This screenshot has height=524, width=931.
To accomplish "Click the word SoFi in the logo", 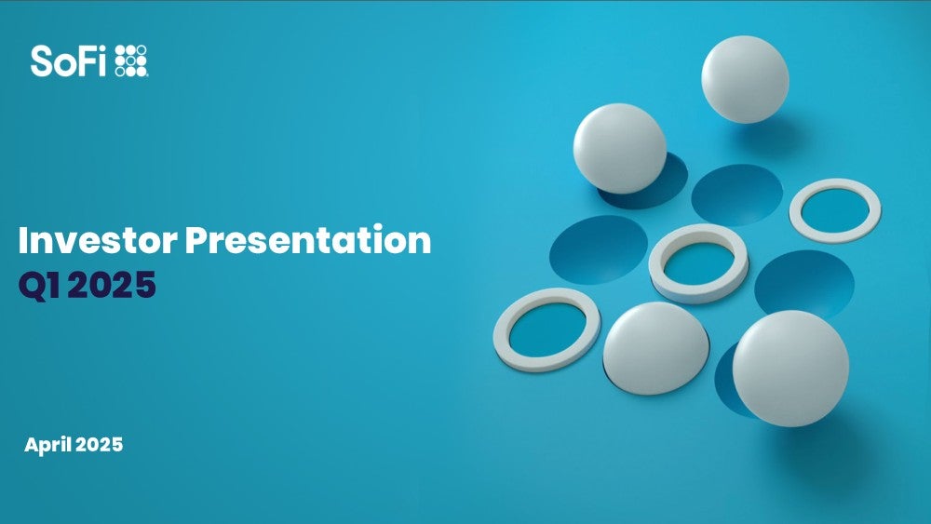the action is click(68, 61).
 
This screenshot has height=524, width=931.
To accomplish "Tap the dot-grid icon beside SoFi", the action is click(130, 60).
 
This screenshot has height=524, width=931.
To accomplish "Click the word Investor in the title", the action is click(98, 240).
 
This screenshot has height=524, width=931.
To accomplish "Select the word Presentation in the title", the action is click(307, 240).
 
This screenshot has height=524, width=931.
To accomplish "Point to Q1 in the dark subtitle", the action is click(39, 285).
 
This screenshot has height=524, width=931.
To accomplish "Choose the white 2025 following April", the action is click(100, 445).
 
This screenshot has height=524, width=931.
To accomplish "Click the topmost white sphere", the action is click(745, 79).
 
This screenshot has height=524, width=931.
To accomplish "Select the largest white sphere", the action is click(790, 369).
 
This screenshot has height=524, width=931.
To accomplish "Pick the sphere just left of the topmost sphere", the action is click(619, 148).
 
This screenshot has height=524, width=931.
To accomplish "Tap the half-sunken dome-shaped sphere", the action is click(655, 348).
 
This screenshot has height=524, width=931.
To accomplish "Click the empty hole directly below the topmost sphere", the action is click(737, 195).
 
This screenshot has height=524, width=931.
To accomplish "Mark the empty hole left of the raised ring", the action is click(599, 249).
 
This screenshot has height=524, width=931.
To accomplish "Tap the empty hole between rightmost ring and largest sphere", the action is click(804, 282).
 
